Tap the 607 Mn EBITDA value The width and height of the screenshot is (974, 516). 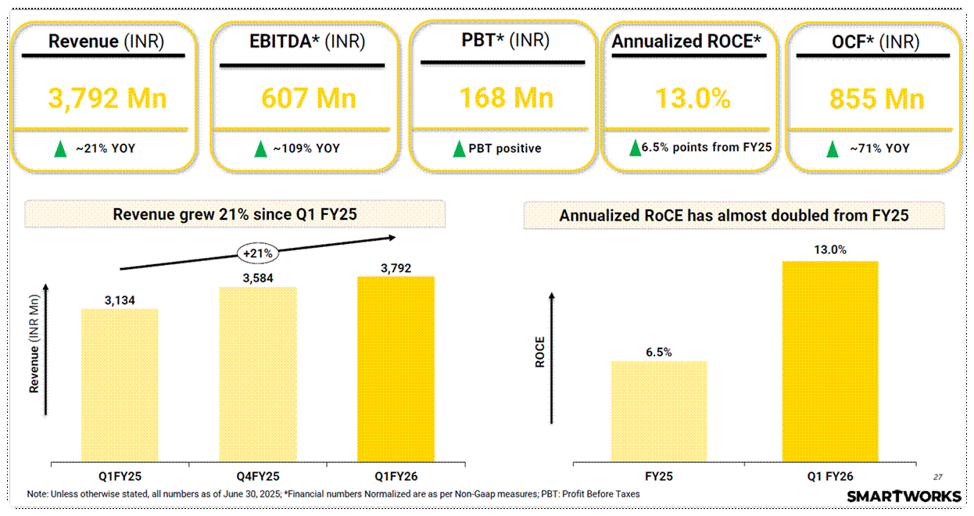coord(308,99)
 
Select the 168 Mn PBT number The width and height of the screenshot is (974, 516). coord(506,98)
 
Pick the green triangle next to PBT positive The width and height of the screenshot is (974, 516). coord(460,149)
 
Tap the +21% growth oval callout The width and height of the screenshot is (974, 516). coord(257,252)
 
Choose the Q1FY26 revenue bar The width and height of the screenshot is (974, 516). coord(396,368)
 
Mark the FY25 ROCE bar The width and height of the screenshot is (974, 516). coord(659,410)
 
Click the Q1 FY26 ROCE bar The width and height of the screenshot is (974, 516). coord(830,360)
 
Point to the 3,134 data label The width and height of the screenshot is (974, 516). coord(120,299)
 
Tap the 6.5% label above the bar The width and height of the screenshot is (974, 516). coord(659,352)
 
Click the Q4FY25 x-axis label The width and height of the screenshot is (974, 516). coord(257,475)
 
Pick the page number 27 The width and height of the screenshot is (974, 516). coord(937,477)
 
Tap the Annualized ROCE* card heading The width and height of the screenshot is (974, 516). coord(686,42)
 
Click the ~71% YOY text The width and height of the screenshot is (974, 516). coord(879,149)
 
